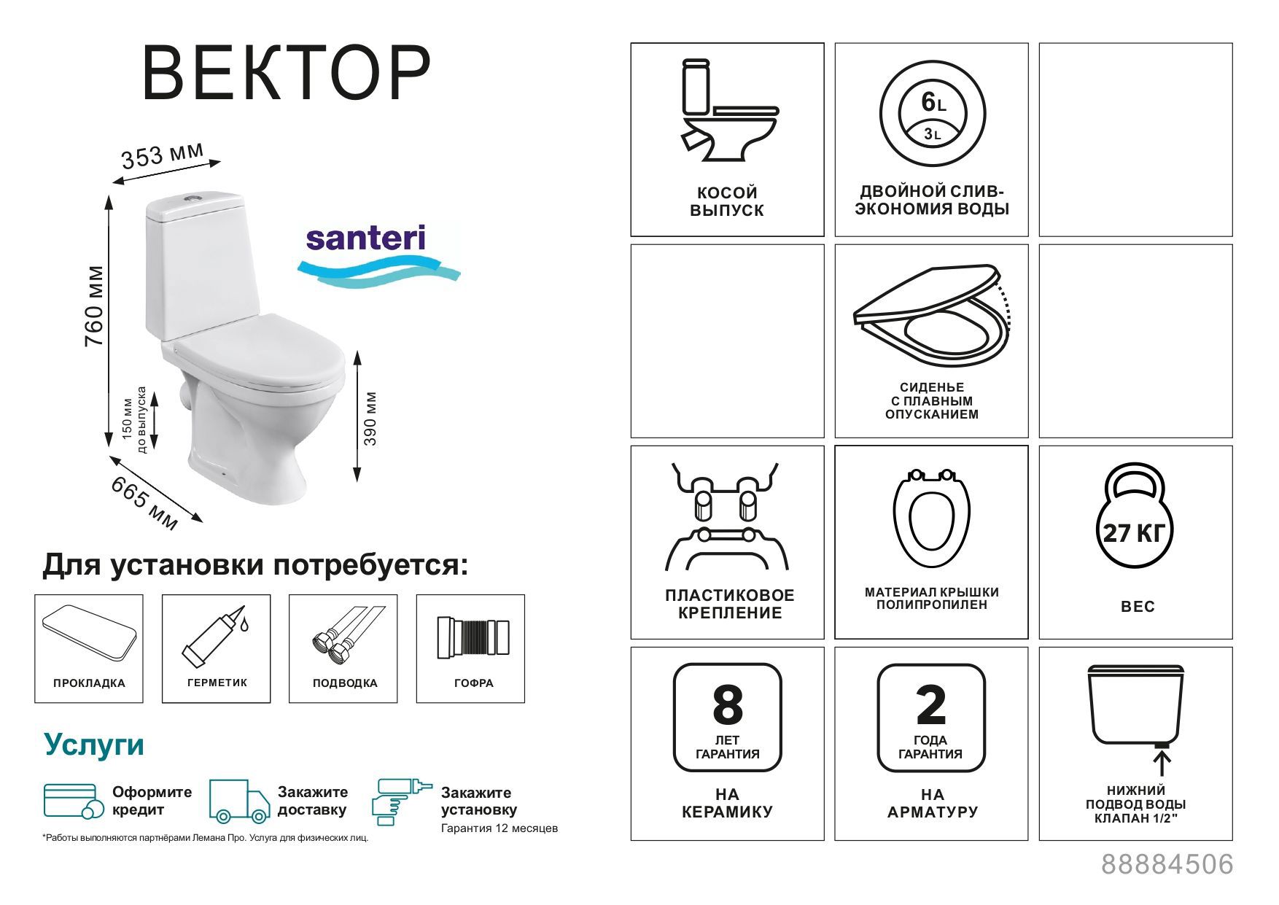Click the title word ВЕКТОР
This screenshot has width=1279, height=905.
tap(286, 74)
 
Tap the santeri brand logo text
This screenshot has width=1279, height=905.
tap(365, 238)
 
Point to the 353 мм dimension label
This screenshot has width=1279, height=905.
tap(162, 155)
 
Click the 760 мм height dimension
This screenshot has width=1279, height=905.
tap(95, 306)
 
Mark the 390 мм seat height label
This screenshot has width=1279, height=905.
tap(370, 419)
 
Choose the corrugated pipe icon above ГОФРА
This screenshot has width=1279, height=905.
tap(473, 639)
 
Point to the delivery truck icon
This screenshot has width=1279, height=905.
tap(239, 801)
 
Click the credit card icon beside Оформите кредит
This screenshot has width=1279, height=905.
tap(70, 801)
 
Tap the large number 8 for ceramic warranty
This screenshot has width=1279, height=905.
tap(727, 704)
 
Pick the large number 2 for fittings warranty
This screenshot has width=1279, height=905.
tap(931, 704)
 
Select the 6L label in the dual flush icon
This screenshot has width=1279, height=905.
tap(933, 103)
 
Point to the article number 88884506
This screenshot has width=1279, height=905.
tap(1167, 865)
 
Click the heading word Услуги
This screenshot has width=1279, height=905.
tap(95, 745)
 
